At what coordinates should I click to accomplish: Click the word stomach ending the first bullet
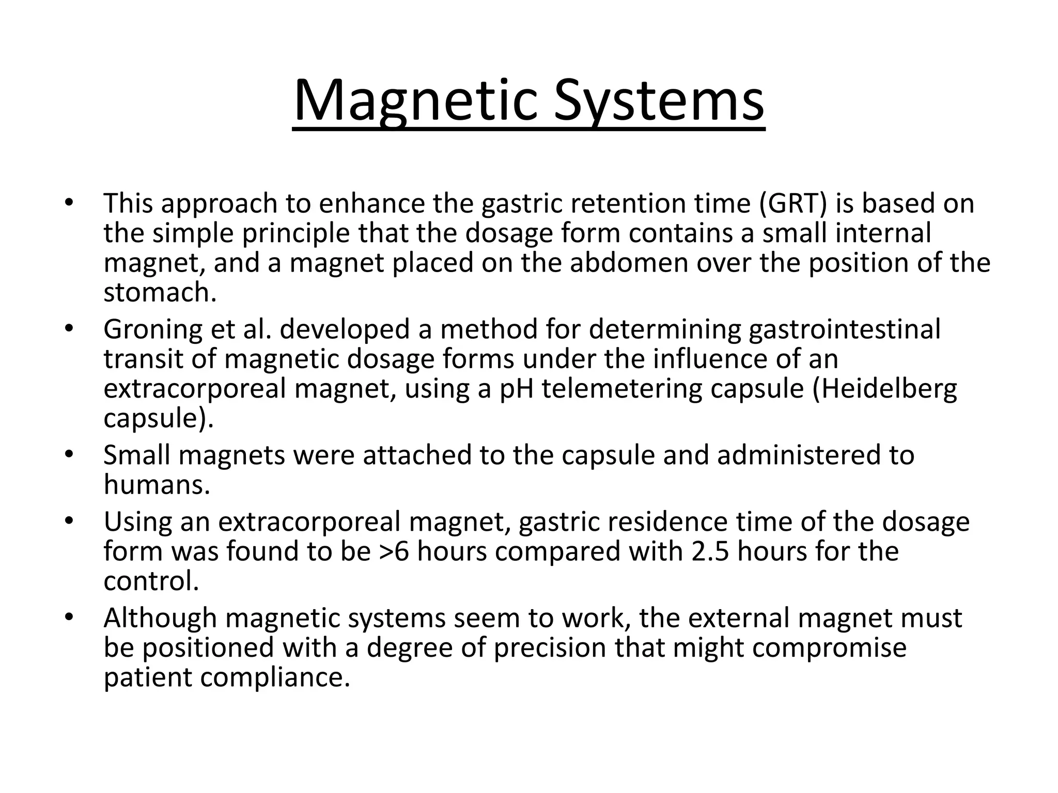click(x=160, y=293)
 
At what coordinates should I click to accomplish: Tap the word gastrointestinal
click(x=845, y=329)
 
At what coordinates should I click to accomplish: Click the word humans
click(x=157, y=485)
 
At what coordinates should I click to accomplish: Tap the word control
click(x=151, y=581)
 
